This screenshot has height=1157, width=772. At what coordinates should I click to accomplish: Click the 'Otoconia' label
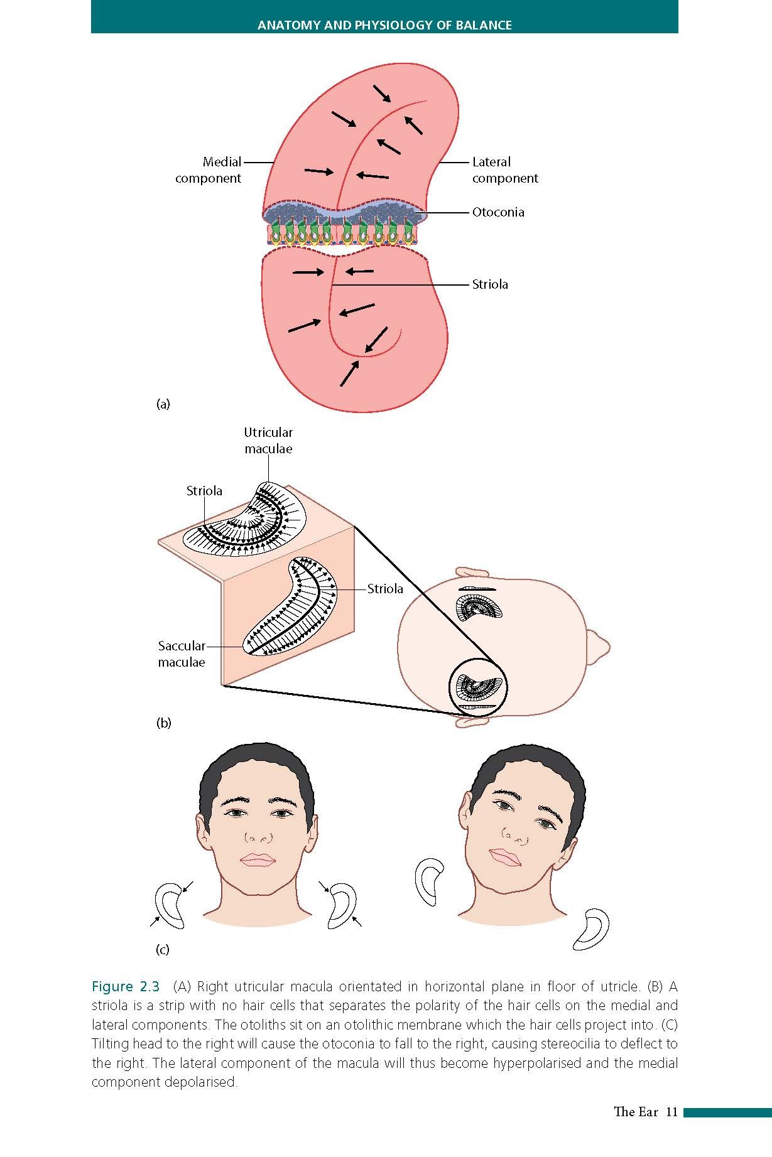497,212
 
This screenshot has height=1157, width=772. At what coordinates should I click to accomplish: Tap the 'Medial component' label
208,170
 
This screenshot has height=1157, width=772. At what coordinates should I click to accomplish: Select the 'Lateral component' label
504,170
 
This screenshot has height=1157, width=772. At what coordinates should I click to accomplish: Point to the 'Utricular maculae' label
268,441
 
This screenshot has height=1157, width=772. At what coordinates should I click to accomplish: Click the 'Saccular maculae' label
182,654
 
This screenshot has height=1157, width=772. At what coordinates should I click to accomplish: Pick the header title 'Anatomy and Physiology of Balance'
384,25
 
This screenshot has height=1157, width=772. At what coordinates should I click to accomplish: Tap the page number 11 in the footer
671,1112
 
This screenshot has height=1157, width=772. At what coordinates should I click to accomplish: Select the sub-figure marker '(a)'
163,404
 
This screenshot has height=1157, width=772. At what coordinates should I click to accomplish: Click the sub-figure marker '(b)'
163,723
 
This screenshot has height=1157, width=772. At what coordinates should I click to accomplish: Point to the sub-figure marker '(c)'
163,950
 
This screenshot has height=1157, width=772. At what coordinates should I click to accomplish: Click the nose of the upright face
258,837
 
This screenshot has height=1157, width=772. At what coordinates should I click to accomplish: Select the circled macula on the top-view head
478,688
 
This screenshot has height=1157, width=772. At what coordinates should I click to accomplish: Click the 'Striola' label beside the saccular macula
385,589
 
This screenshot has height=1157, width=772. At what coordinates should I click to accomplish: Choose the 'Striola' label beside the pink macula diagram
490,284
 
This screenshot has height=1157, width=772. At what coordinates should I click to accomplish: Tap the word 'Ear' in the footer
648,1112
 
